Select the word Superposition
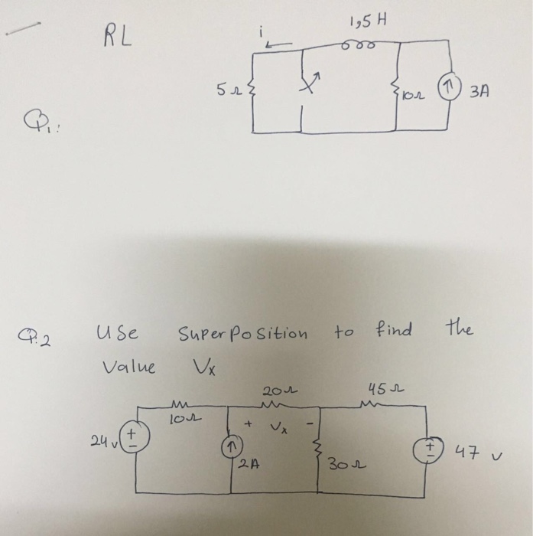pos(243,333)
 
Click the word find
pos(393,331)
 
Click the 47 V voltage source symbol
pos(424,447)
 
